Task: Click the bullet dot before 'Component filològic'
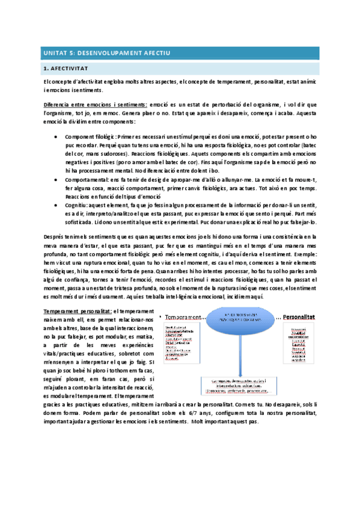pos(56,137)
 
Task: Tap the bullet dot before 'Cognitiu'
pos(56,204)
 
